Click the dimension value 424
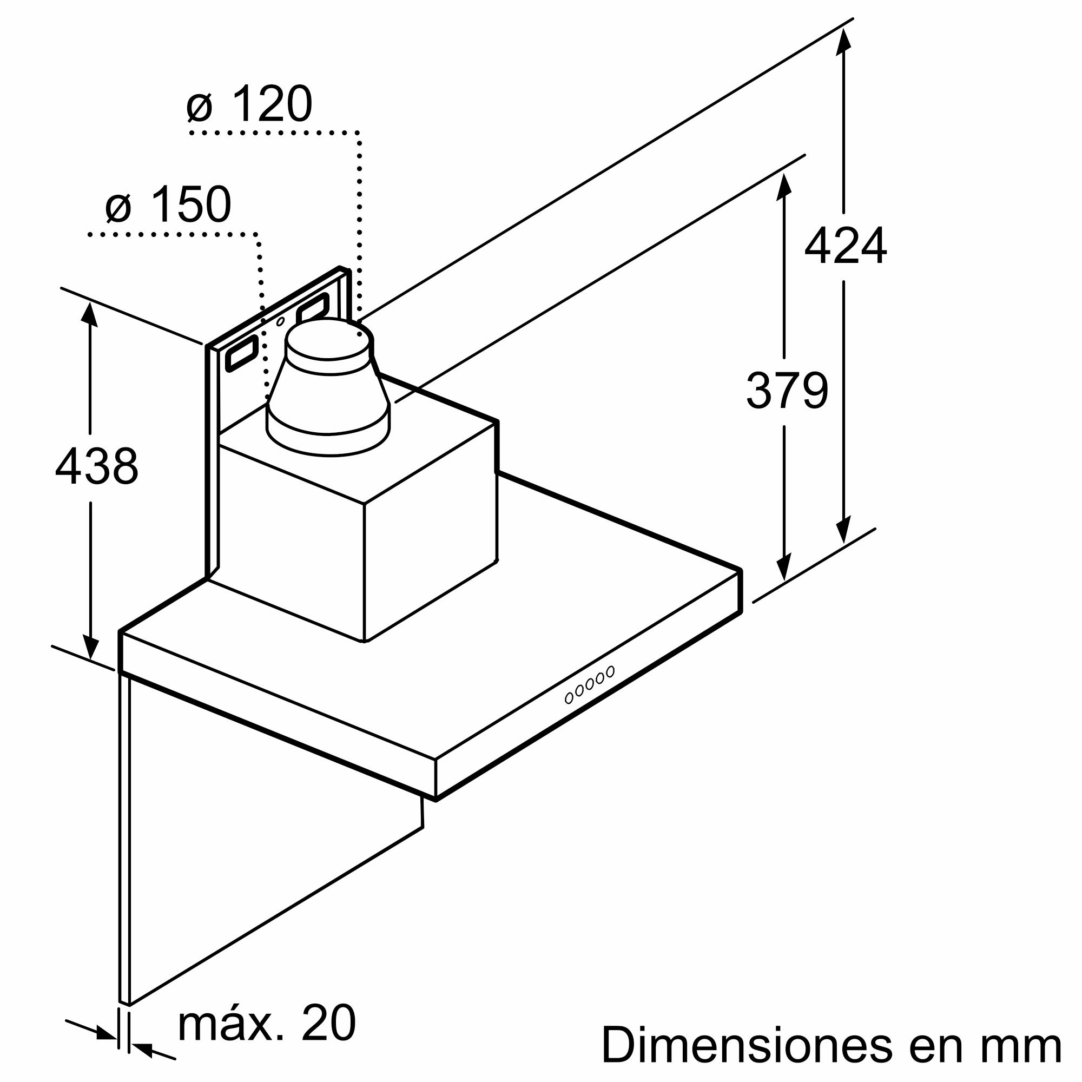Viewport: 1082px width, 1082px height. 845,245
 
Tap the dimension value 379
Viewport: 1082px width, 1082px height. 787,391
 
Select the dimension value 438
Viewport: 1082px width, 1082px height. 96,466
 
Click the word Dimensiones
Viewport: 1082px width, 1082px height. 747,1045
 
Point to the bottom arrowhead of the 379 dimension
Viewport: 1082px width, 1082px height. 783,567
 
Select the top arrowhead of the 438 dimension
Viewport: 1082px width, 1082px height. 90,314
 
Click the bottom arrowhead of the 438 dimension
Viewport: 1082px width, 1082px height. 90,647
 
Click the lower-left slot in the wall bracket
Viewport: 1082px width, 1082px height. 242,354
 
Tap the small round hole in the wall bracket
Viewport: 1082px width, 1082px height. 280,321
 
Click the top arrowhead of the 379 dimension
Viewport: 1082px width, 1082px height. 783,187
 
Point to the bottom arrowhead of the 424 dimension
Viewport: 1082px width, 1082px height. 843,529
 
